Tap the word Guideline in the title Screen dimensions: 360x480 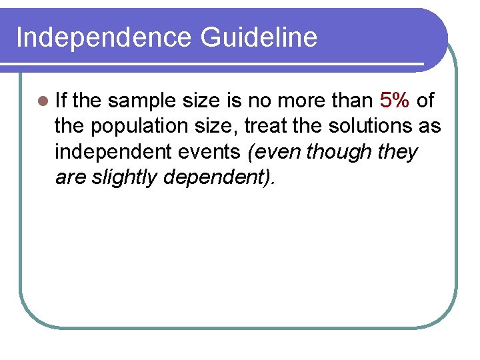[259, 37]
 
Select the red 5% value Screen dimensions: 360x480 [395, 101]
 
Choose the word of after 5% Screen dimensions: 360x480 [425, 101]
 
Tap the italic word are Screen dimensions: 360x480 [69, 177]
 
